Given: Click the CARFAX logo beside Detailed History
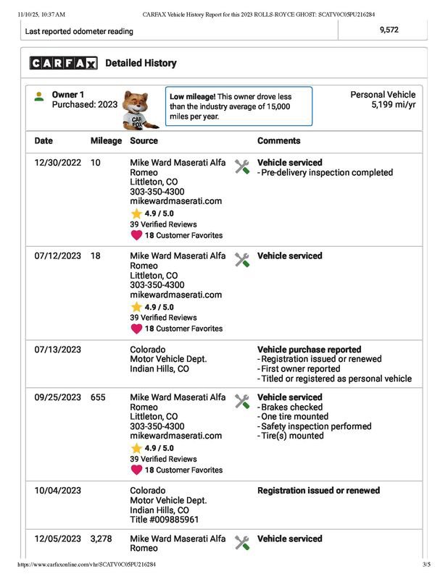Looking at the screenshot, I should (x=63, y=64).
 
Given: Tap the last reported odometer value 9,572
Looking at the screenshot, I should (x=388, y=30).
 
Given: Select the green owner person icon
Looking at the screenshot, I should (x=39, y=96).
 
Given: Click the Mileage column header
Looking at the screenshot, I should (x=106, y=141).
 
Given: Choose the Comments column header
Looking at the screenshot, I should (x=278, y=141).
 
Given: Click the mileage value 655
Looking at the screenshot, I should (x=99, y=397).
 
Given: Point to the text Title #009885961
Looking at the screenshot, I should (x=164, y=520).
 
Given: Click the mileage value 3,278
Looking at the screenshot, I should (x=103, y=539).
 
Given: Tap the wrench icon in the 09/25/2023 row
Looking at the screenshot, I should (x=243, y=401).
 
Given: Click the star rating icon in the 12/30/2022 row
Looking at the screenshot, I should (x=136, y=214).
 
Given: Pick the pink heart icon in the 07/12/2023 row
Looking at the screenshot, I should (x=136, y=329).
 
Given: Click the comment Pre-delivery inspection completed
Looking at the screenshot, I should (x=327, y=173).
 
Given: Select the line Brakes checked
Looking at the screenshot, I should (x=292, y=407).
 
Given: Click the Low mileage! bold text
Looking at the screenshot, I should (x=193, y=96).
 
